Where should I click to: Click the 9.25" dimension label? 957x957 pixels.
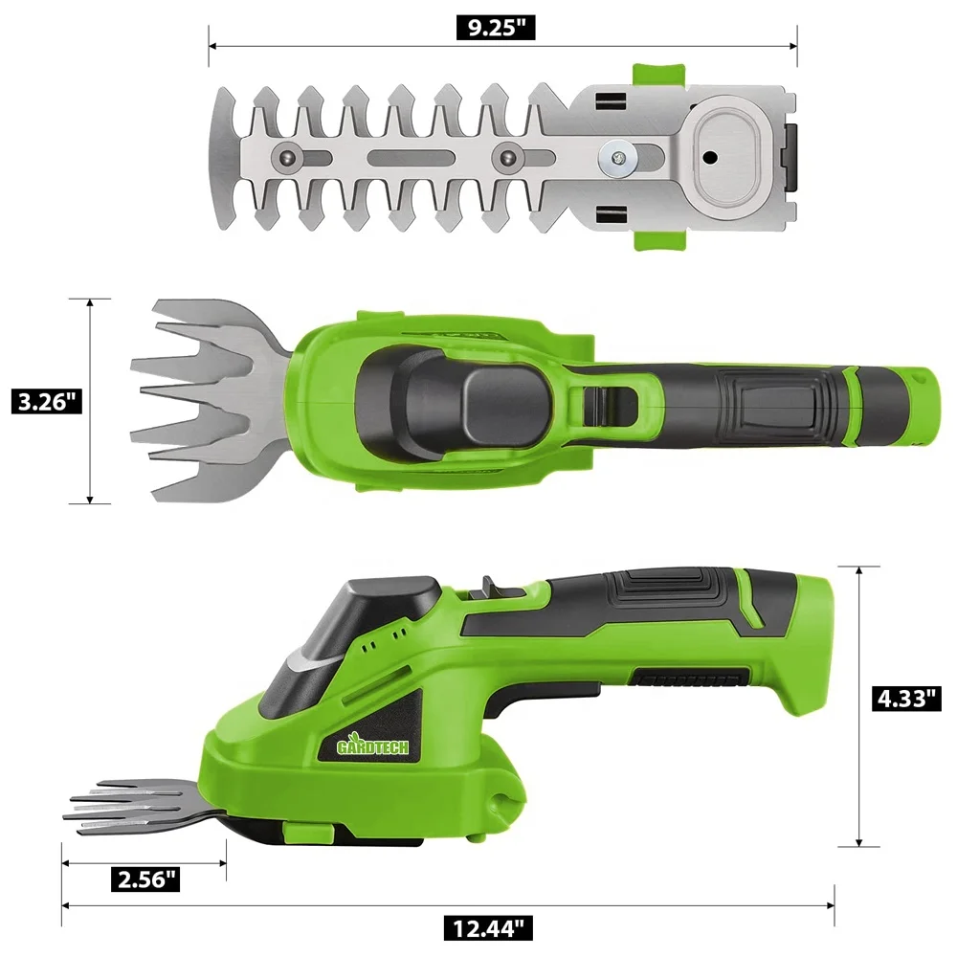click(x=496, y=28)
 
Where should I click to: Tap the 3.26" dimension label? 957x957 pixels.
click(x=46, y=402)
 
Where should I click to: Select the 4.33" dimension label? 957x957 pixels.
click(x=905, y=699)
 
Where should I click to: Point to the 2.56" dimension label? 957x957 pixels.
click(x=145, y=879)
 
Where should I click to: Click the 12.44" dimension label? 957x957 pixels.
click(x=488, y=928)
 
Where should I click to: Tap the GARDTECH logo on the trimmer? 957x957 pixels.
click(x=373, y=746)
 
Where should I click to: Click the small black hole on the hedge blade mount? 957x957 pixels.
click(x=709, y=158)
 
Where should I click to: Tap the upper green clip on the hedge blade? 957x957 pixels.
click(x=658, y=75)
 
